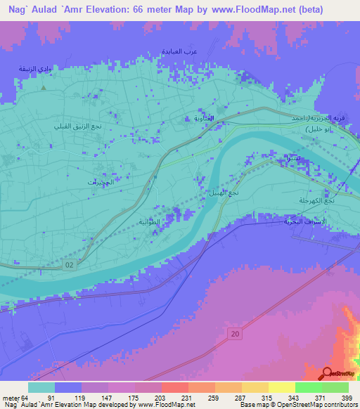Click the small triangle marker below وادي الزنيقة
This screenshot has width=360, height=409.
point(44,88)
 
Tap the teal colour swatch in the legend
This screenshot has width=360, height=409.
point(41,387)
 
